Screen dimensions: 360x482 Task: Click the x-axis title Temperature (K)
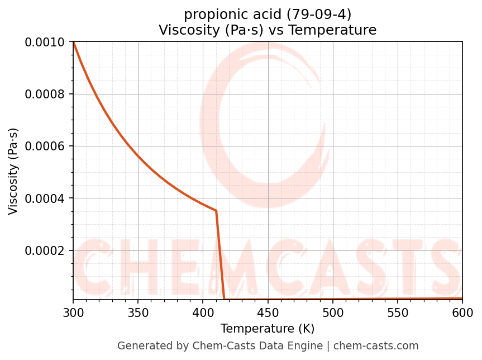268,328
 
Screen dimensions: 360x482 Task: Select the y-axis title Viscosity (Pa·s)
13,171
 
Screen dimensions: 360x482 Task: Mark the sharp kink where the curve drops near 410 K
216,211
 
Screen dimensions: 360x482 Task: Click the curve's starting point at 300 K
73,42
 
